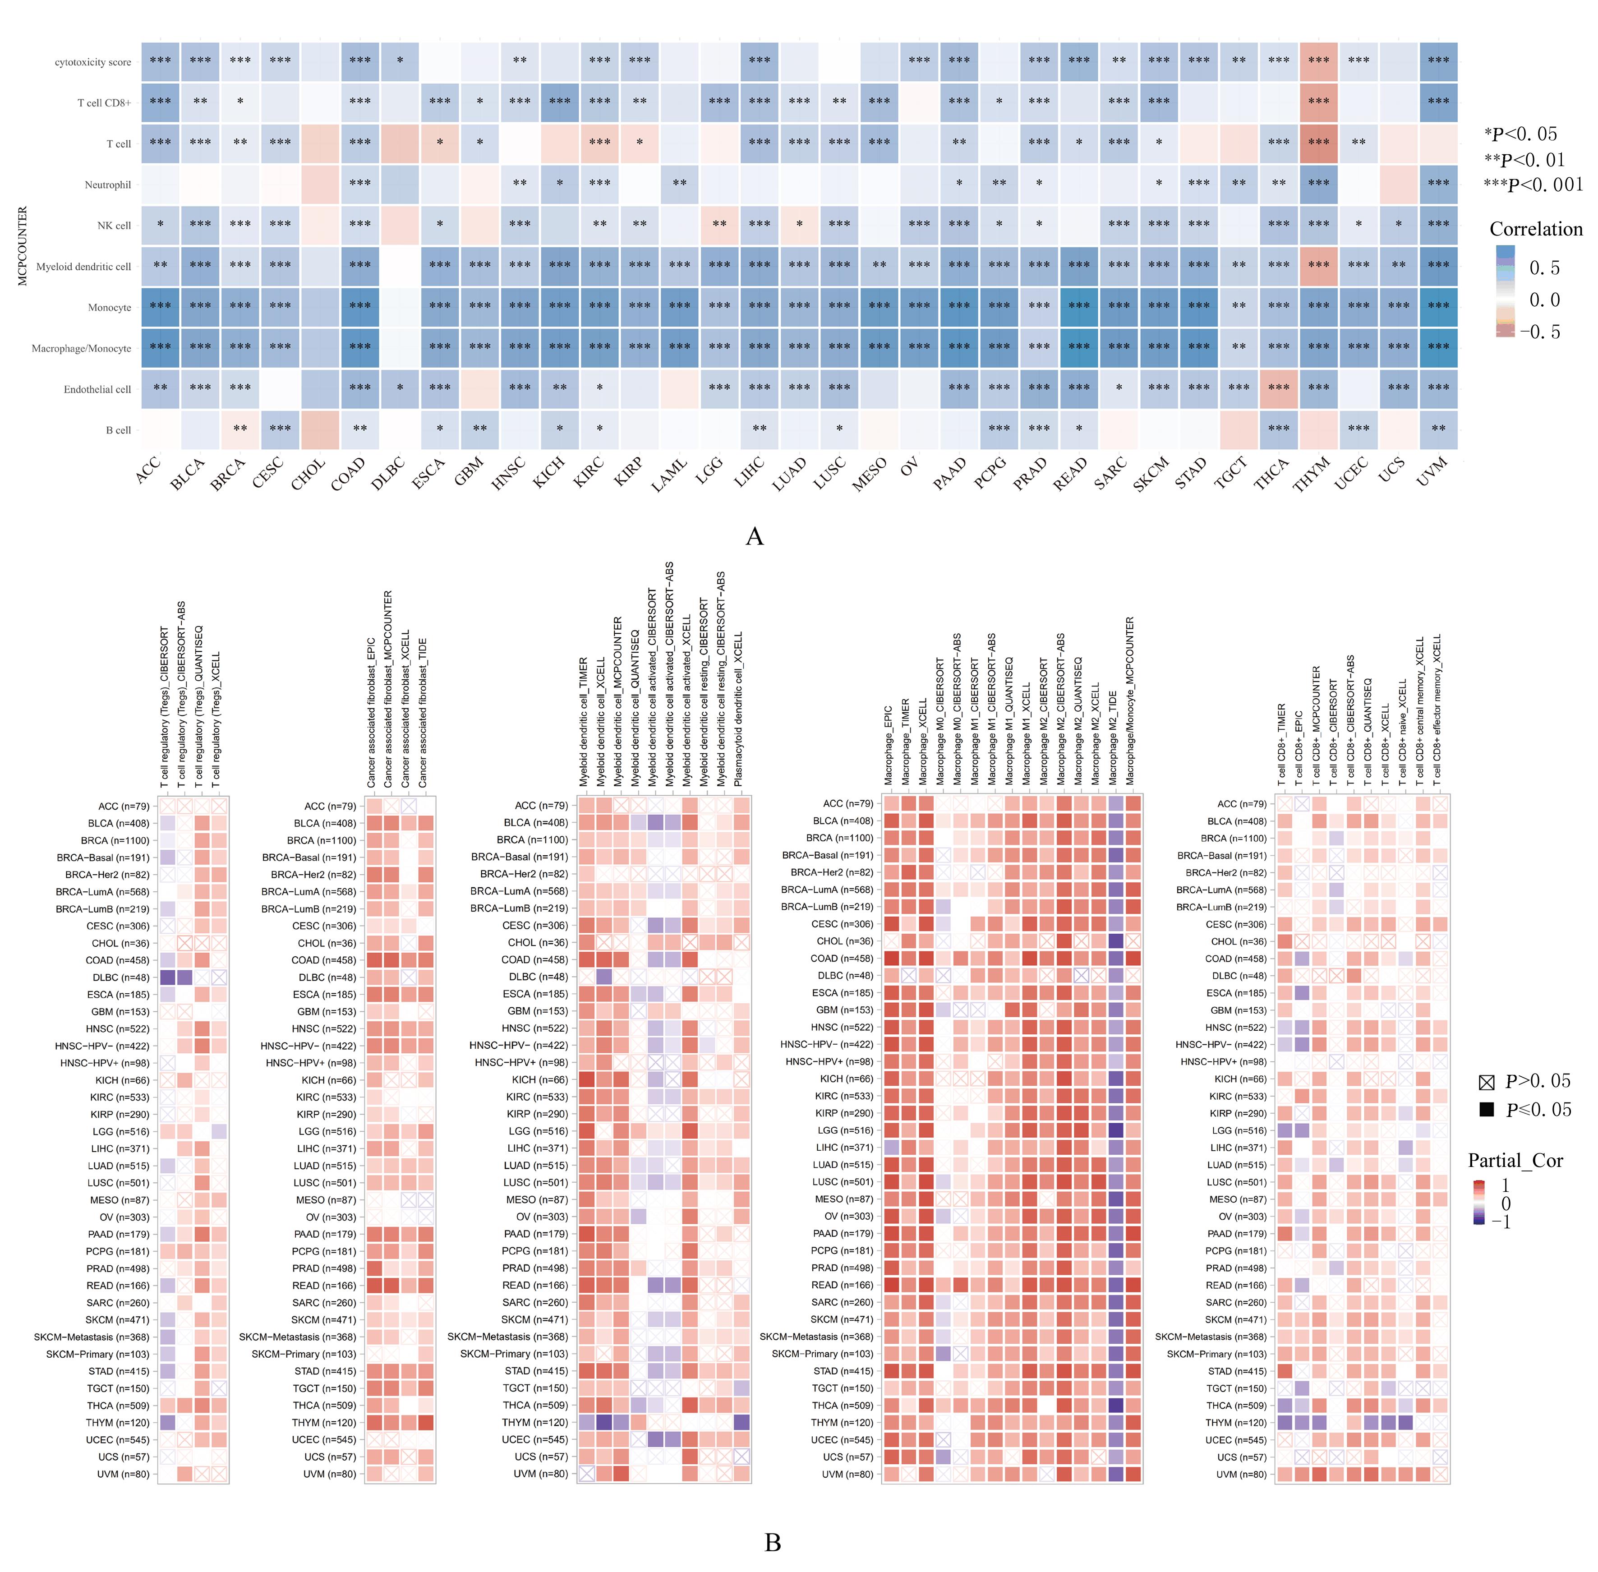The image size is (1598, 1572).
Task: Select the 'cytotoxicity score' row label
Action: [92, 62]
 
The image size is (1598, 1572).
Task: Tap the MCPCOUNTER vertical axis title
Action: [22, 246]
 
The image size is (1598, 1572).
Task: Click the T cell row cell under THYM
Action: [1318, 143]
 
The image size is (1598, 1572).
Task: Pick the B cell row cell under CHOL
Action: [319, 429]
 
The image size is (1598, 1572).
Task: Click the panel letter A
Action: [754, 537]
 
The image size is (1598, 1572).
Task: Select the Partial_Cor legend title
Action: [1515, 1161]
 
